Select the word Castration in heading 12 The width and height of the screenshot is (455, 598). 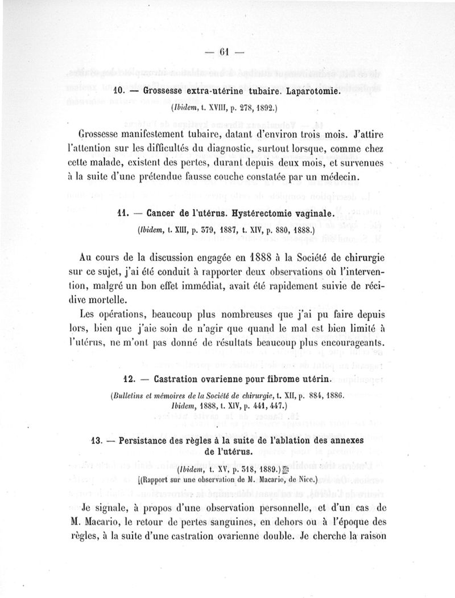click(x=175, y=379)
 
